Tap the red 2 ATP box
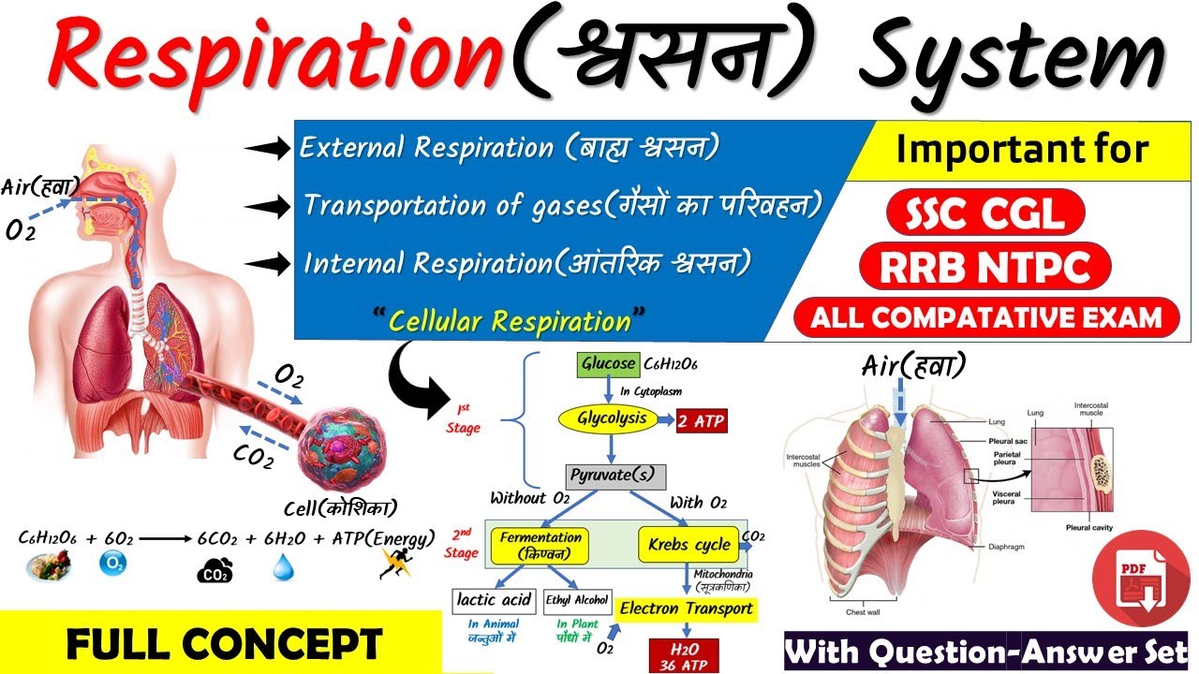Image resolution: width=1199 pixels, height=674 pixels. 701,420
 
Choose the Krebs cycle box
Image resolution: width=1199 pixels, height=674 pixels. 689,544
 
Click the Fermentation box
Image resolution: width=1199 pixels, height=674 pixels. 541,545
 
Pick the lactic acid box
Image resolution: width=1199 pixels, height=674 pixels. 493,600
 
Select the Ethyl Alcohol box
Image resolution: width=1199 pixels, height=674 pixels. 577,600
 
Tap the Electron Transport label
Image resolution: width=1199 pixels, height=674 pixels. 687,608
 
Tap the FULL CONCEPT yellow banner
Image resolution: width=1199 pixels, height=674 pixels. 225,644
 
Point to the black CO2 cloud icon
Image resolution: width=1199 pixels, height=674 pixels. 215,570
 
